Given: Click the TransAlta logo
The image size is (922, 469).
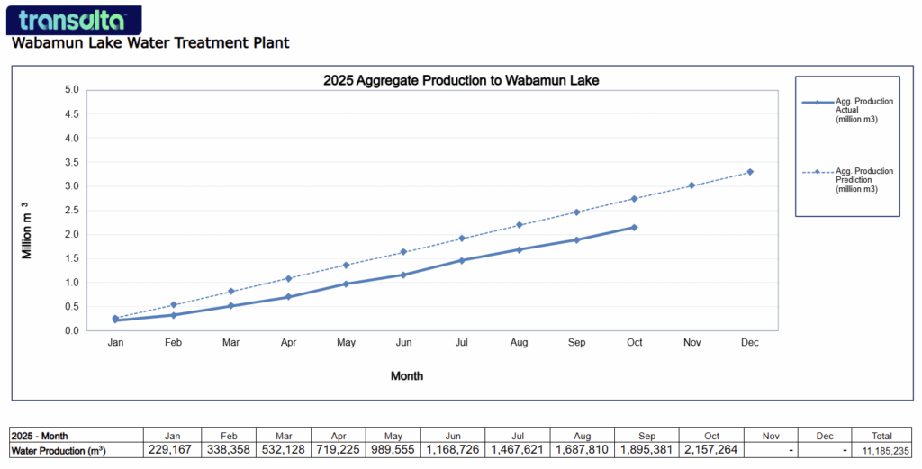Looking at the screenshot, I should pos(72,20).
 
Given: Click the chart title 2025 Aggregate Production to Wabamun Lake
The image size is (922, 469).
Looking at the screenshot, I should pos(461,80).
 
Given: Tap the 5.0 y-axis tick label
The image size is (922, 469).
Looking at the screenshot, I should pos(69,90).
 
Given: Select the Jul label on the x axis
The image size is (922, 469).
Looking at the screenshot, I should pos(461,343).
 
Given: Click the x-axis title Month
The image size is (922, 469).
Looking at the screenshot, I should pos(407,375).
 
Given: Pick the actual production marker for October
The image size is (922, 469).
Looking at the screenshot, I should pos(634,227).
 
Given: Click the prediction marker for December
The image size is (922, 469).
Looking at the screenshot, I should pos(749,172).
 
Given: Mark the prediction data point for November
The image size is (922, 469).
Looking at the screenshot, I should pos(691,185).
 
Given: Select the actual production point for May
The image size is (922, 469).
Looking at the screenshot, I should pos(346,284).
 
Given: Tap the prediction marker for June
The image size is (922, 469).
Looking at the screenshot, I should pos(403,252).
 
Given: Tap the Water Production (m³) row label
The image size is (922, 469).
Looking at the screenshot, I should pos(59,450).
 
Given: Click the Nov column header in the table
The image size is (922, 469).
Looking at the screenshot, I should pos(771,436).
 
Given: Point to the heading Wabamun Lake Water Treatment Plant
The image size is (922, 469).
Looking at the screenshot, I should pos(150,42).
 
